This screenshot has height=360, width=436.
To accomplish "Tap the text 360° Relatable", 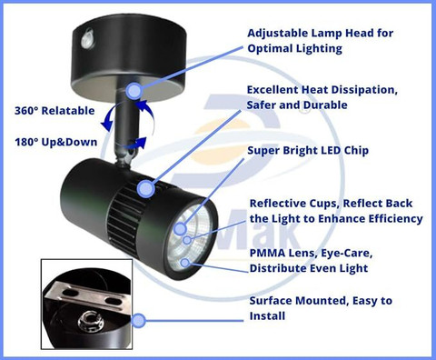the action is tap(54, 111).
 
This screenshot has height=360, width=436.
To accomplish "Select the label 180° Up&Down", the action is tap(56, 142).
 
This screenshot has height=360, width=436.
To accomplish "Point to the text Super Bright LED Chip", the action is tap(308, 150).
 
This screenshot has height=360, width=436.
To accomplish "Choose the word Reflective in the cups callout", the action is tap(279, 204).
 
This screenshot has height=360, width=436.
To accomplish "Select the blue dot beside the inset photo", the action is tap(139, 321).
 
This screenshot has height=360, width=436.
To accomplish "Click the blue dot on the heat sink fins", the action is tap(146, 189).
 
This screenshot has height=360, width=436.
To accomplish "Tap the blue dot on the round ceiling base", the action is tap(134, 90).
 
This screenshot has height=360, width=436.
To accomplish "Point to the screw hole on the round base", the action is tap(88, 37).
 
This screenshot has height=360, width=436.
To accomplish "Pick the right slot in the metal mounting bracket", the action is tap(114, 302).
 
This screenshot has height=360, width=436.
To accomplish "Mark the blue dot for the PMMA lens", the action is tap(185, 262).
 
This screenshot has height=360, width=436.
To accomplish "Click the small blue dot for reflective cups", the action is tap(187, 240).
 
